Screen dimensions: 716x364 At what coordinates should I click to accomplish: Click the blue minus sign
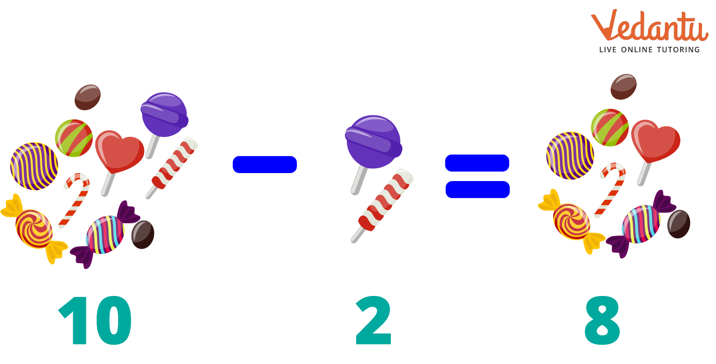[265, 165]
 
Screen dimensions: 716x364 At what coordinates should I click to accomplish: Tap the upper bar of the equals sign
[477, 163]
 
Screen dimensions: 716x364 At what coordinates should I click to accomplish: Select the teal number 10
[95, 320]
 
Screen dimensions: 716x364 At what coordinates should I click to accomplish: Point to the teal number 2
[373, 320]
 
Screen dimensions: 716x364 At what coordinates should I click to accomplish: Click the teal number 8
[602, 320]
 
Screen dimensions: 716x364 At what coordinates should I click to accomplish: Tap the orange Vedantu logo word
[649, 27]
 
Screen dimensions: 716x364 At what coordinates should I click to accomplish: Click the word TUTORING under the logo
[678, 50]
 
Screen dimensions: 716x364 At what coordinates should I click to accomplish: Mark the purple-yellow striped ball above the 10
[34, 166]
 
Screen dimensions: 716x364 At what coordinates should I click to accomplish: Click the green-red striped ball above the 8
[610, 128]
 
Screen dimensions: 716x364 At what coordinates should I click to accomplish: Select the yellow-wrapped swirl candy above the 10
[34, 229]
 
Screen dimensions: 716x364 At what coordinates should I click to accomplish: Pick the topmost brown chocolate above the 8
[623, 87]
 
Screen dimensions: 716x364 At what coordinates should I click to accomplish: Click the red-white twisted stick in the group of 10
[172, 168]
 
